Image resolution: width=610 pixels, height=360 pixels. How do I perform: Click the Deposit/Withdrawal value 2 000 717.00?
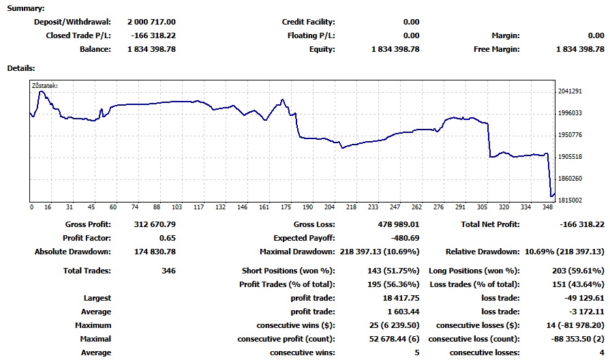click(151, 22)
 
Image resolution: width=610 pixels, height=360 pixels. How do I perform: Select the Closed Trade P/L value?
click(151, 35)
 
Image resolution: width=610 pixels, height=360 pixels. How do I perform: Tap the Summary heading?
click(25, 8)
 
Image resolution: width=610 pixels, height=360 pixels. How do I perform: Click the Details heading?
click(21, 68)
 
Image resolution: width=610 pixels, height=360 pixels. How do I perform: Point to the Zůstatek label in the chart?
click(45, 86)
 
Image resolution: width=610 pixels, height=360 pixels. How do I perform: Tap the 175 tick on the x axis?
click(286, 207)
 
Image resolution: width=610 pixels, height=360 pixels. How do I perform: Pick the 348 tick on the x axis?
click(548, 207)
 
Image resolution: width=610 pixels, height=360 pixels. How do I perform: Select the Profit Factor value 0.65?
click(166, 238)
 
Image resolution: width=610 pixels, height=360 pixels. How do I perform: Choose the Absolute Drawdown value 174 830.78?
click(151, 252)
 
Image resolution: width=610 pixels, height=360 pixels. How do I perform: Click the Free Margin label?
click(496, 49)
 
